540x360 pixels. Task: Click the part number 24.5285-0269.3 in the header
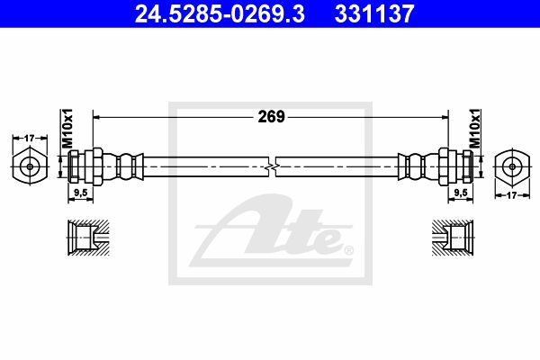220,13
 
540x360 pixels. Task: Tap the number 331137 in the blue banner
374,13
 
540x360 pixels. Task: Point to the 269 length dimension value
272,117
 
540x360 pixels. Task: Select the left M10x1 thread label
67,128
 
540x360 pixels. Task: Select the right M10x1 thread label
475,128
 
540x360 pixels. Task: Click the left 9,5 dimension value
80,193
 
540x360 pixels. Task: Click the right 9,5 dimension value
461,193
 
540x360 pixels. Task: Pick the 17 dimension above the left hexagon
30,138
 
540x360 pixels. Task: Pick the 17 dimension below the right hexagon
512,195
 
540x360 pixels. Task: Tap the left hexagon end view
30,166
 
